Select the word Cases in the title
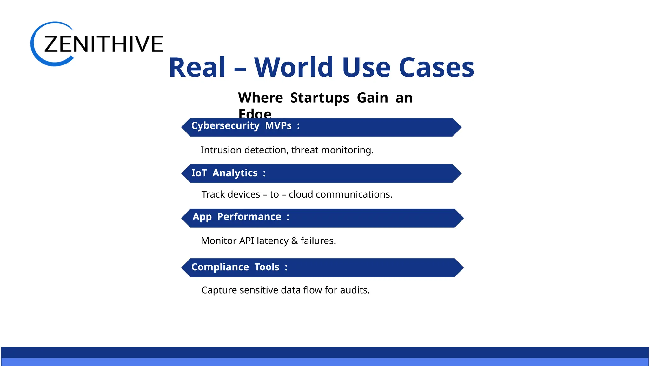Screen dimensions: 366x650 [x=436, y=67]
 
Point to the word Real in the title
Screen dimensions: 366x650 [x=197, y=67]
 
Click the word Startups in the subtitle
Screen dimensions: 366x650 [x=320, y=98]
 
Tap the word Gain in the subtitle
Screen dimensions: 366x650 [x=372, y=98]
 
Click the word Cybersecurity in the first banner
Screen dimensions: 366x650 [x=225, y=126]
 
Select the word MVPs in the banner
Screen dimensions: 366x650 [x=278, y=126]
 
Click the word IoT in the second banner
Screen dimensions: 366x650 [x=199, y=173]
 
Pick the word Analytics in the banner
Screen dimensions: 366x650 [x=235, y=173]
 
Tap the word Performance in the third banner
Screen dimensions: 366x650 [x=249, y=217]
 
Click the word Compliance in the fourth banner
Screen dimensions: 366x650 [x=220, y=267]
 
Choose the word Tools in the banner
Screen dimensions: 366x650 [x=267, y=267]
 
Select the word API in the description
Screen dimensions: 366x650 [x=247, y=241]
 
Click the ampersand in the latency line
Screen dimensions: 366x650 [x=295, y=241]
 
